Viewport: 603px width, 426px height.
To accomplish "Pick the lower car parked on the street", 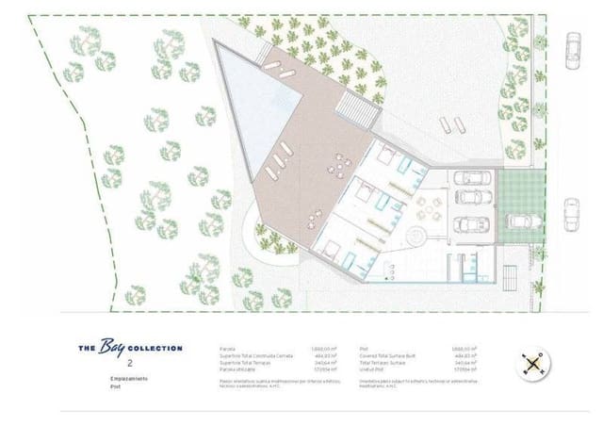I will [x=572, y=214].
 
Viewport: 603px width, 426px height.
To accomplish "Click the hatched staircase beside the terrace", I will [x=358, y=108].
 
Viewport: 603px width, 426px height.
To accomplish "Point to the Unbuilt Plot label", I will [x=375, y=369].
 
